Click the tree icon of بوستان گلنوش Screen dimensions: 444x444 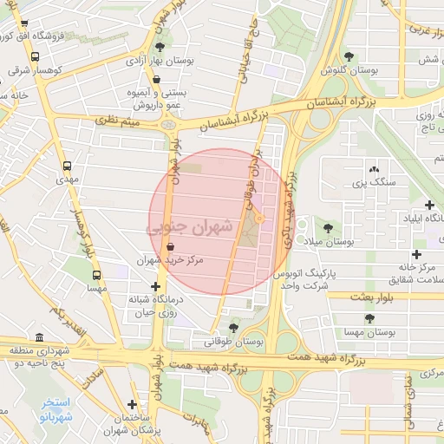coord(349,55)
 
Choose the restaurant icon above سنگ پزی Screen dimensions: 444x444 coord(374,169)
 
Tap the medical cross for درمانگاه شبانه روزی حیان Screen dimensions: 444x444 coord(155,286)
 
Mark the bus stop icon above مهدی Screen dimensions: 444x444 coord(67,166)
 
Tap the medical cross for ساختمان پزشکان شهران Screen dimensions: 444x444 coord(132,403)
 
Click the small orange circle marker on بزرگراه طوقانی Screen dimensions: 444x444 coord(258,219)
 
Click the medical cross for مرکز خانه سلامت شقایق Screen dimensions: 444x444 coord(417,254)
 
